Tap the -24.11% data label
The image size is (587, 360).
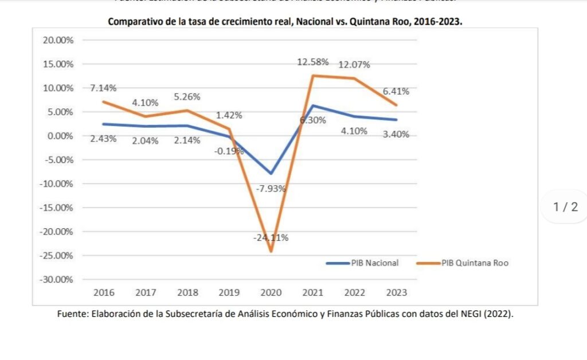(x=271, y=237)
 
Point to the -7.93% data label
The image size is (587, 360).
(x=271, y=189)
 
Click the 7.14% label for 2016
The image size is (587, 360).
(x=103, y=88)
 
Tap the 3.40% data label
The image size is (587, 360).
(x=396, y=135)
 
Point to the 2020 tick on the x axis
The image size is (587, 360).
(x=271, y=292)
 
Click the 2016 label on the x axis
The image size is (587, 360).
(x=104, y=292)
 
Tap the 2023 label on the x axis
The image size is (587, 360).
(x=396, y=292)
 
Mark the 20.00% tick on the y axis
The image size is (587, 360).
(x=56, y=40)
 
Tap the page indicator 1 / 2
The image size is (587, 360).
(x=566, y=208)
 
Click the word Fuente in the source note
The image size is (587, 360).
(x=72, y=314)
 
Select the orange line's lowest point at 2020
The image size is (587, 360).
(x=271, y=251)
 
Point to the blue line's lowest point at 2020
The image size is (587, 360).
(x=271, y=173)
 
